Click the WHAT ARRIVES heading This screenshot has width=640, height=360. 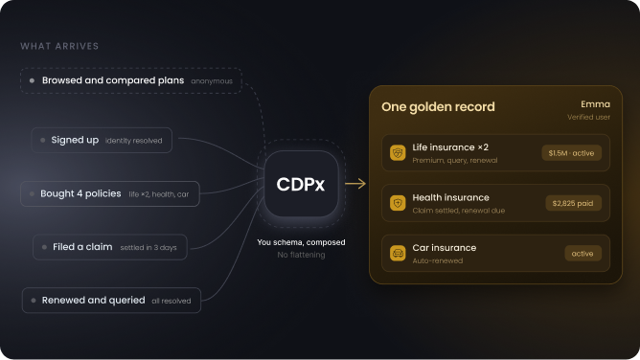pyautogui.click(x=59, y=46)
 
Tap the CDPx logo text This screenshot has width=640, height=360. pyautogui.click(x=301, y=184)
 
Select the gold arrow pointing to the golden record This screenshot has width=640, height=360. pyautogui.click(x=355, y=184)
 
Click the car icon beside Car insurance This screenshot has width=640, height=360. pyautogui.click(x=398, y=253)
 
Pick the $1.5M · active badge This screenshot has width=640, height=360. pyautogui.click(x=571, y=153)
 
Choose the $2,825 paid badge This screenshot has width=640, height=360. pyautogui.click(x=573, y=203)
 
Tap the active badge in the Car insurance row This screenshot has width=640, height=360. pyautogui.click(x=583, y=254)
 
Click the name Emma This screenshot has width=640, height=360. pyautogui.click(x=596, y=104)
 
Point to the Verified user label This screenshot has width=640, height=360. pyautogui.click(x=588, y=117)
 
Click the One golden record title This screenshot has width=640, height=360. pyautogui.click(x=438, y=107)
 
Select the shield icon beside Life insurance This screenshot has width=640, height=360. pyautogui.click(x=398, y=153)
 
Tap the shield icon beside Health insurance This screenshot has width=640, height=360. pyautogui.click(x=398, y=203)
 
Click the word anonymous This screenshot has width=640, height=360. pyautogui.click(x=212, y=81)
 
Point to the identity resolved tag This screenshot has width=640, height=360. pyautogui.click(x=133, y=141)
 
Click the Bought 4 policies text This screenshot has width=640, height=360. pyautogui.click(x=80, y=193)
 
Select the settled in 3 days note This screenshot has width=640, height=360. pyautogui.click(x=149, y=247)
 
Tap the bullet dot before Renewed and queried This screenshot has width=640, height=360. pyautogui.click(x=34, y=301)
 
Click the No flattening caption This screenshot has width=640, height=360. pyautogui.click(x=301, y=255)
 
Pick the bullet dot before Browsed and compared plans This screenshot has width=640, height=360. pyautogui.click(x=32, y=80)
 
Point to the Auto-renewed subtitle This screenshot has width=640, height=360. pyautogui.click(x=438, y=261)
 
